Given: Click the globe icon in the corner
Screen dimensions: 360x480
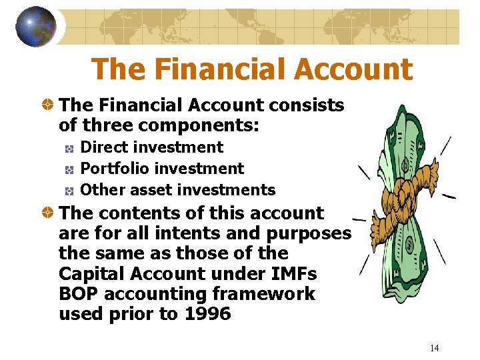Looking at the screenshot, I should (x=36, y=27).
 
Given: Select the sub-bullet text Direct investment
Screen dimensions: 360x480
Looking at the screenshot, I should (x=151, y=147).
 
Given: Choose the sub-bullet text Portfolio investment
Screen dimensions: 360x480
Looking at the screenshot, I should (x=162, y=169).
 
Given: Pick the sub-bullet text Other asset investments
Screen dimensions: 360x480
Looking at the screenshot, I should (x=177, y=190).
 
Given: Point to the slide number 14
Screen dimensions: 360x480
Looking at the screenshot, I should (x=434, y=348).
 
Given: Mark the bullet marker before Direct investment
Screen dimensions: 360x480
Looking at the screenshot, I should (x=69, y=148).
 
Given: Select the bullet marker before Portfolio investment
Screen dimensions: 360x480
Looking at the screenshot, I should (x=69, y=169).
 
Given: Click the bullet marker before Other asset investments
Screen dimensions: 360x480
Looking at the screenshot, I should (x=69, y=191).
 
